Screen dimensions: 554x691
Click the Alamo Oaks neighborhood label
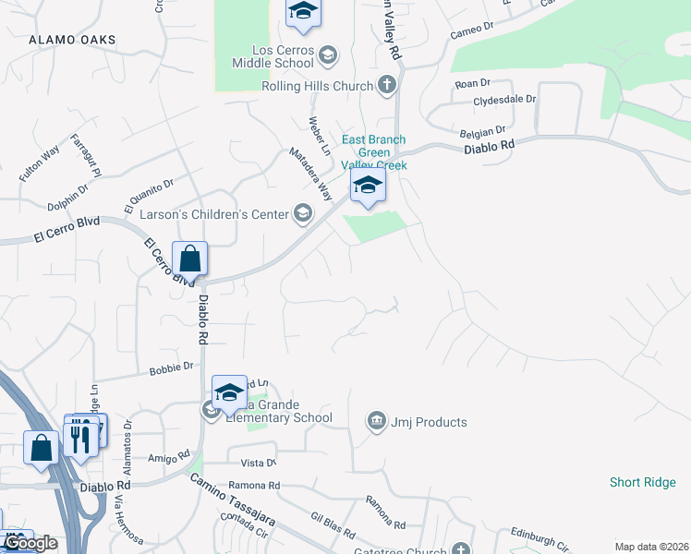coord(72,40)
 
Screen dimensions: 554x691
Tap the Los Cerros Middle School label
coord(270,56)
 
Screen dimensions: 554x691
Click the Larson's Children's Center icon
coord(302,214)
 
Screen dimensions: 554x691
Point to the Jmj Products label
coord(429,422)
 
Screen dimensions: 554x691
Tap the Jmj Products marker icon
coord(376,422)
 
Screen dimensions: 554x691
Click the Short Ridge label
coord(643,482)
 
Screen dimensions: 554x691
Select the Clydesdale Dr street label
coord(504,99)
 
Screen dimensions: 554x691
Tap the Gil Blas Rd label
coord(333,527)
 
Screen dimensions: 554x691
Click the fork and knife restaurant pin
coord(79,438)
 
